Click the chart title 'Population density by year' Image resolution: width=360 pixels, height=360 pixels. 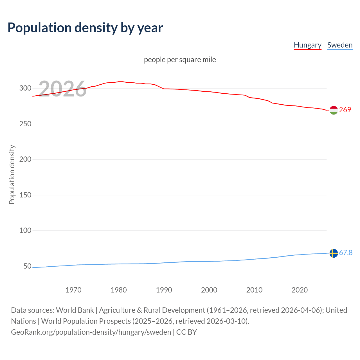pyautogui.click(x=85, y=28)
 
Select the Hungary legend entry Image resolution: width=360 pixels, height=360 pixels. pyautogui.click(x=307, y=45)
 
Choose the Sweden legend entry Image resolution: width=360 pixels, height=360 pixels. pyautogui.click(x=340, y=45)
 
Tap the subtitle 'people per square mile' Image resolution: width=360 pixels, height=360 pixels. pyautogui.click(x=180, y=60)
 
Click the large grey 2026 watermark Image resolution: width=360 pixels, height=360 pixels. pyautogui.click(x=62, y=89)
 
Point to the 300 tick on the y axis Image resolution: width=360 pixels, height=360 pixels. pyautogui.click(x=25, y=88)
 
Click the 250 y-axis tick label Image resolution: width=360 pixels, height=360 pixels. pyautogui.click(x=25, y=124)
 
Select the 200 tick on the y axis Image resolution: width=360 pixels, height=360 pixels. pyautogui.click(x=25, y=159)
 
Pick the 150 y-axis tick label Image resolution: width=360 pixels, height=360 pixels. pyautogui.click(x=25, y=195)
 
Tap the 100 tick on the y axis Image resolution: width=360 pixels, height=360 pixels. pyautogui.click(x=25, y=231)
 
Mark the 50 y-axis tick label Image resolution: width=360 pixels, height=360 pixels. pyautogui.click(x=27, y=266)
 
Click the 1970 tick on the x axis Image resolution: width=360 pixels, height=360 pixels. pyautogui.click(x=73, y=290)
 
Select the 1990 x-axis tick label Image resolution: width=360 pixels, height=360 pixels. pyautogui.click(x=164, y=290)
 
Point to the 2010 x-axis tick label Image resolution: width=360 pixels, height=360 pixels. pyautogui.click(x=254, y=290)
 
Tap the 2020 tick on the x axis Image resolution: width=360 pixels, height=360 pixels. pyautogui.click(x=300, y=290)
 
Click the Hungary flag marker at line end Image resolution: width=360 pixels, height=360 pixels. pyautogui.click(x=334, y=110)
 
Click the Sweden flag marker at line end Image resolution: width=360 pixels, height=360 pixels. pyautogui.click(x=334, y=253)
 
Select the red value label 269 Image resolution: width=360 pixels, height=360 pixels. pyautogui.click(x=345, y=110)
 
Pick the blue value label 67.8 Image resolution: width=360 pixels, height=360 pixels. pyautogui.click(x=346, y=253)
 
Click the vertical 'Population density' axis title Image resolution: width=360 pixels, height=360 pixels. pyautogui.click(x=12, y=174)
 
